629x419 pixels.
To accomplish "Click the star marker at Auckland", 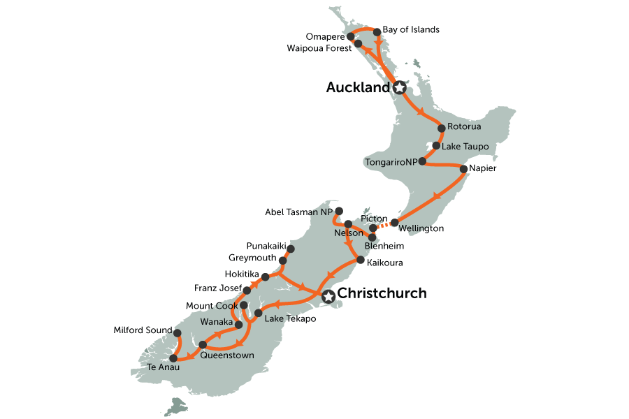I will (x=399, y=88).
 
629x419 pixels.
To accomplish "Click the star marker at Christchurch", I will (x=328, y=297).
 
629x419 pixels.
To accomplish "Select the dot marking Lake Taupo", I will (x=436, y=146).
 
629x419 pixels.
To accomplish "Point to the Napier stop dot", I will (x=463, y=168).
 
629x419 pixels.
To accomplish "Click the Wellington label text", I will (x=421, y=228).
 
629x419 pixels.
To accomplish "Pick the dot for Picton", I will (x=373, y=228).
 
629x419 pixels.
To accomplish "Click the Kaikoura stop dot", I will (x=361, y=260).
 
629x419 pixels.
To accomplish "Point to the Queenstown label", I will (x=227, y=355).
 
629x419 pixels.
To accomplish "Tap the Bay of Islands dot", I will (x=377, y=31).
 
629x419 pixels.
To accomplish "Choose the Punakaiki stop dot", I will (x=291, y=249).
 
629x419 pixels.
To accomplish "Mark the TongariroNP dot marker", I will (x=421, y=161).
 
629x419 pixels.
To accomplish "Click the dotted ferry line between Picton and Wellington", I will (x=384, y=225).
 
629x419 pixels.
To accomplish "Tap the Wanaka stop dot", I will (x=239, y=324).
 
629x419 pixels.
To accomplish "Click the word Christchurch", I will (x=382, y=294).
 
